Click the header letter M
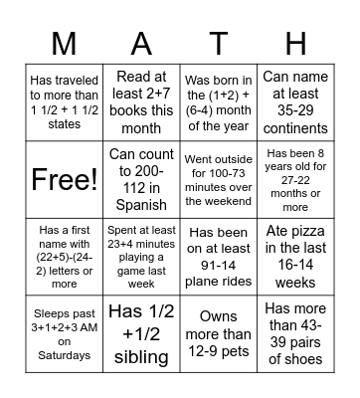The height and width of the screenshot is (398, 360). [x=64, y=43]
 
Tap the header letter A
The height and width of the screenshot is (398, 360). [x=141, y=43]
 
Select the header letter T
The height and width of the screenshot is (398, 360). [x=218, y=43]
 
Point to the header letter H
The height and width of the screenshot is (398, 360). [x=295, y=43]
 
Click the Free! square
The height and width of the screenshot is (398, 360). [x=64, y=178]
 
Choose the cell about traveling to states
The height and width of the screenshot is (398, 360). [x=64, y=103]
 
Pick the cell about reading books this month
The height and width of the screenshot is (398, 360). [x=141, y=103]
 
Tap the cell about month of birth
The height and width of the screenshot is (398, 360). [x=218, y=103]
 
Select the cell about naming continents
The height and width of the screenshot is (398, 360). [x=295, y=103]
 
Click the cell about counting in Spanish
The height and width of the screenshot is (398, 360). [x=141, y=178]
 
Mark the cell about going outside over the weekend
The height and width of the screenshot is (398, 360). [x=218, y=178]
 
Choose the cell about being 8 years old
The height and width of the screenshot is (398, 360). [x=295, y=178]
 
